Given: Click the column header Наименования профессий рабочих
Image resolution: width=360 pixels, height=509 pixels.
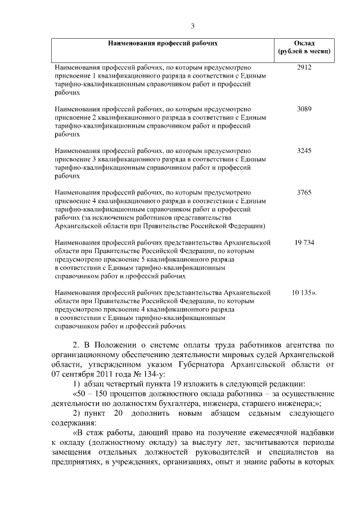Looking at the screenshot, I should click(x=163, y=43).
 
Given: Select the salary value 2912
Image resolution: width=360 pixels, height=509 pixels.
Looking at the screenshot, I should click(x=304, y=67).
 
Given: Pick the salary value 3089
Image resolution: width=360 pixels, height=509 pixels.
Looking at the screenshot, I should click(x=304, y=109).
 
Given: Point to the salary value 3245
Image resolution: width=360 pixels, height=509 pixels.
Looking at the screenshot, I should click(x=304, y=151).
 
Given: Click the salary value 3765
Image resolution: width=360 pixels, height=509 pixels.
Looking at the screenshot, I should click(x=304, y=192).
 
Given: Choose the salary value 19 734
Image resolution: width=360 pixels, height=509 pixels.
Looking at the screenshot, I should click(x=304, y=242).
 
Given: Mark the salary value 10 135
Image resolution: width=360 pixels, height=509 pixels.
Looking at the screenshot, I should click(x=304, y=293).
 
